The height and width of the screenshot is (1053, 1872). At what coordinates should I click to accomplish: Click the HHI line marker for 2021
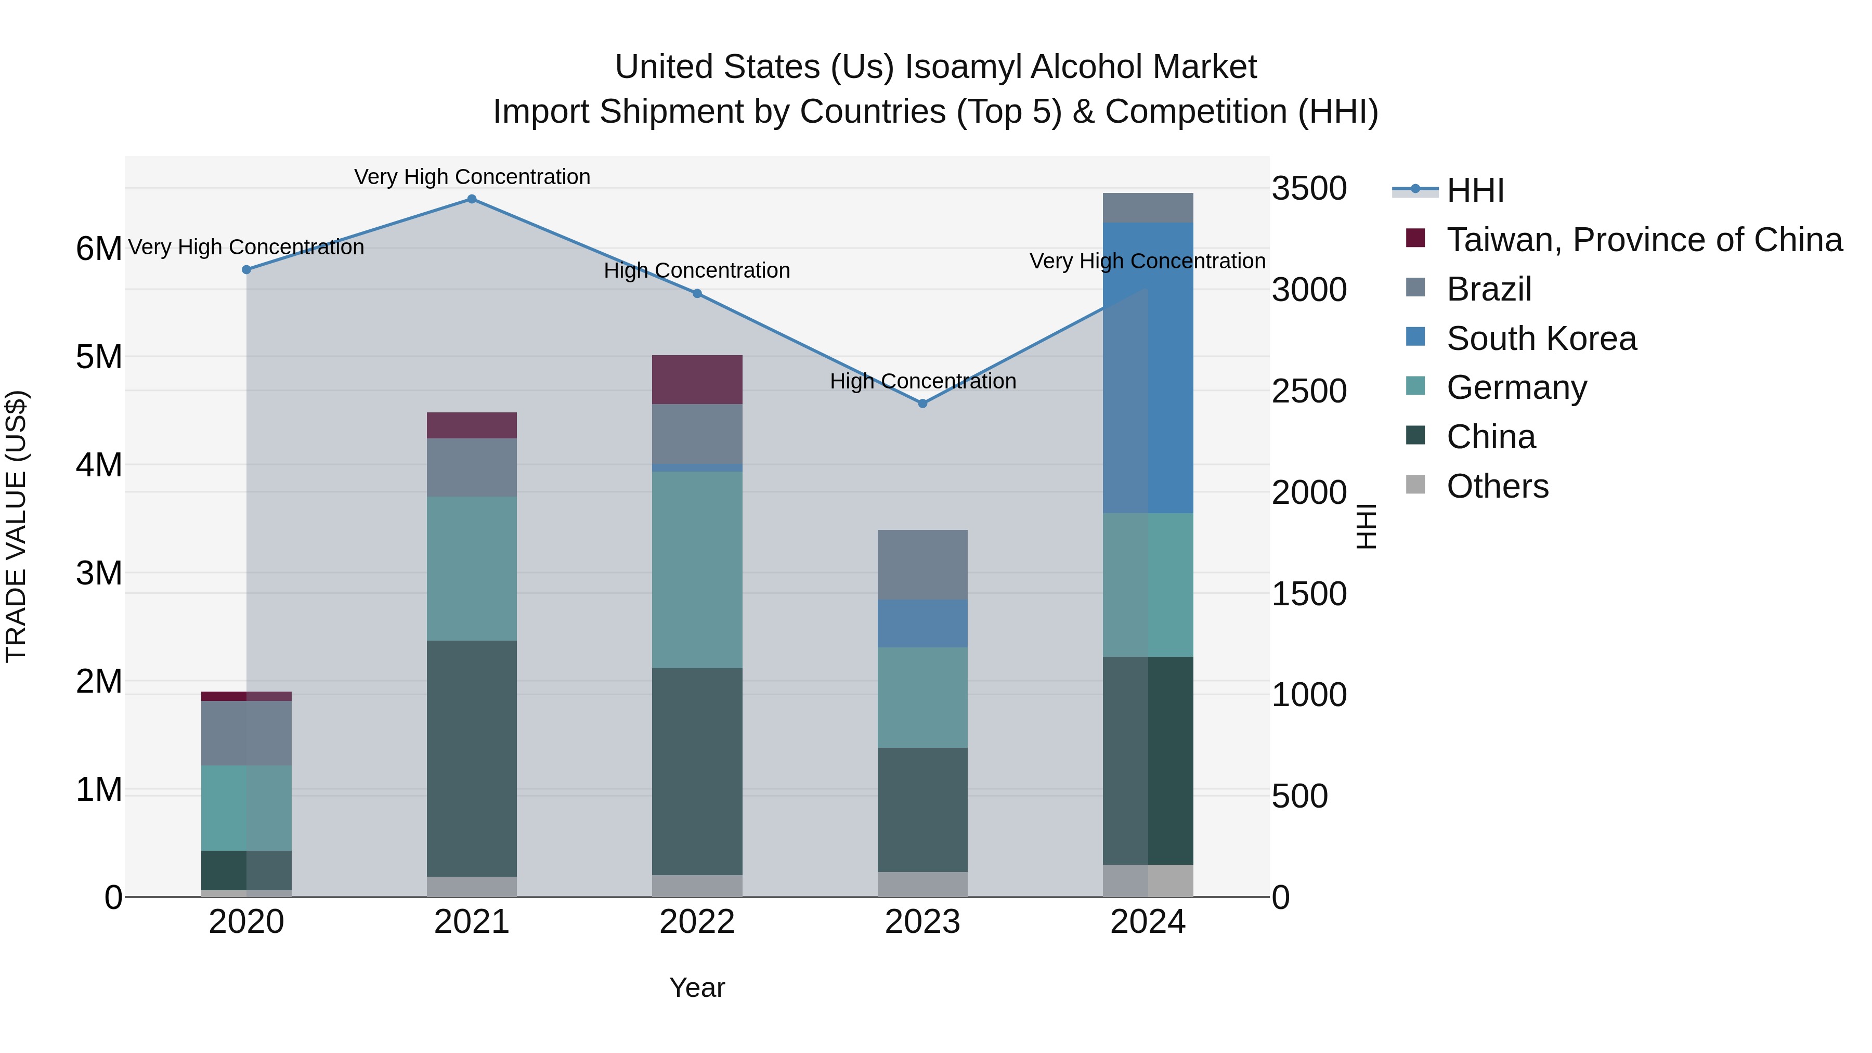pos(472,199)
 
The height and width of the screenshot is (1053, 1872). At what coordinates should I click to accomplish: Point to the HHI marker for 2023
pos(923,404)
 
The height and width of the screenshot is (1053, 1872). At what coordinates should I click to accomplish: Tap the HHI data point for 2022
pos(697,294)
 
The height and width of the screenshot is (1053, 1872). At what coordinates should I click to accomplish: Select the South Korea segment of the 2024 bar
pos(1148,368)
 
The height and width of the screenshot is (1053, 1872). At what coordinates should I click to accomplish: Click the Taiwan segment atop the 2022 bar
pos(697,380)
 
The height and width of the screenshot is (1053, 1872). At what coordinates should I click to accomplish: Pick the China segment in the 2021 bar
pos(472,758)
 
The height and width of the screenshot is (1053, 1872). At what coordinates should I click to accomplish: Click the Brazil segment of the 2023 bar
pos(923,565)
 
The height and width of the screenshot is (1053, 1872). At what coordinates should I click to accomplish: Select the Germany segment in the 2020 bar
pos(246,808)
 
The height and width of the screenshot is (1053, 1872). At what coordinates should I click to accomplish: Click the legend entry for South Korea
pos(1541,339)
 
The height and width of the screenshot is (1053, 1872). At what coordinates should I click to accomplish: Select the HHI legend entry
pos(1475,190)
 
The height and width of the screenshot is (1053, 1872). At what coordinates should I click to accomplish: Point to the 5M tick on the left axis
pos(99,357)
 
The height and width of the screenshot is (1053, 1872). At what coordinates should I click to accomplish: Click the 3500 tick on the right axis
pos(1309,189)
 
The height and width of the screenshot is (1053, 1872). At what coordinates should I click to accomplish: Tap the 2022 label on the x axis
pos(697,922)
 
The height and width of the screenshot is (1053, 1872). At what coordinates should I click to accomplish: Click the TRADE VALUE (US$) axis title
pos(16,526)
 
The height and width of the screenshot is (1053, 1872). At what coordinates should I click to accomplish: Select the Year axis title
pos(697,987)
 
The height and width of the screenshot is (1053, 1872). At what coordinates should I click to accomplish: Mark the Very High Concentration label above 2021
pos(472,177)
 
